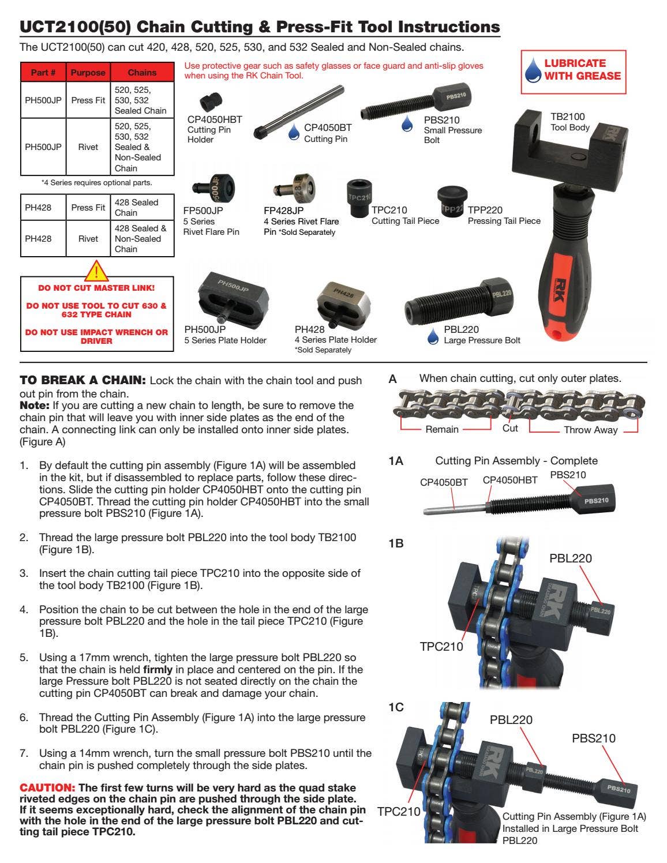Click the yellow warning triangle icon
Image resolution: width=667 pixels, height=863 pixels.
pos(97,270)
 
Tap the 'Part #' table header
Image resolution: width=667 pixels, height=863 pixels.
pos(43,73)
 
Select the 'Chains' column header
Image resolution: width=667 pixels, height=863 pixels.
pos(142,73)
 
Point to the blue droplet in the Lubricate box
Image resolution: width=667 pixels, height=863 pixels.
pos(533,70)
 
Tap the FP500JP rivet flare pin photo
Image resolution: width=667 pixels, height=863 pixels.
pos(213,188)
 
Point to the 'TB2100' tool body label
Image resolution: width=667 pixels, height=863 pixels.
pos(567,117)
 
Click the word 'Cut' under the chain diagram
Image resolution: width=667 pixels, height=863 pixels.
pos(510,428)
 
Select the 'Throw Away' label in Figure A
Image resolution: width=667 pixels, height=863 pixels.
pos(590,430)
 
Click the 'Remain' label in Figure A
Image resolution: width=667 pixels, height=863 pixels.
pos(442,429)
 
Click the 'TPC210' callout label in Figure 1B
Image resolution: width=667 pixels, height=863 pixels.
pos(441,647)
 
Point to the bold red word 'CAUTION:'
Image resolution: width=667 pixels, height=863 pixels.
pos(47,788)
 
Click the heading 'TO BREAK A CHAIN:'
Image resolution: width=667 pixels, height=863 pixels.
pos(83,380)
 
